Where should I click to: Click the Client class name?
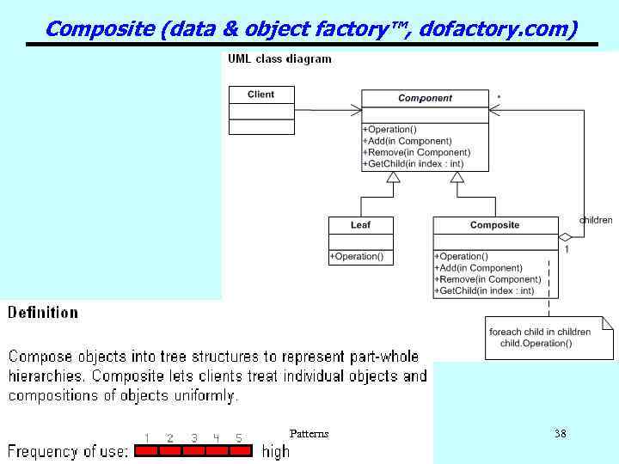pos(260,95)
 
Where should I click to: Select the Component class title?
pos(425,99)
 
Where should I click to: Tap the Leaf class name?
pos(360,225)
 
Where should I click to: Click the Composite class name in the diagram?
pos(494,225)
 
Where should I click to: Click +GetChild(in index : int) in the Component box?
pos(414,163)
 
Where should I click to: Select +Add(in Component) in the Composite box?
pos(479,268)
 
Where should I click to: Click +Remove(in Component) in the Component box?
pos(417,152)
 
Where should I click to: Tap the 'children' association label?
pos(596,220)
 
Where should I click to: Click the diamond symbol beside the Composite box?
pos(566,237)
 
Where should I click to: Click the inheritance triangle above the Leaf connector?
pos(393,178)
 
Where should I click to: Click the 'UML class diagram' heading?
pos(279,59)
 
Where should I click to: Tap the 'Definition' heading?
pos(43,313)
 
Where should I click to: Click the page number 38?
pos(560,434)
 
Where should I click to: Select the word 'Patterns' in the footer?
pos(309,434)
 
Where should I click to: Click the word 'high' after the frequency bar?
pos(276,451)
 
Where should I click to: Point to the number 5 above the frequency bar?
pos(239,438)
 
